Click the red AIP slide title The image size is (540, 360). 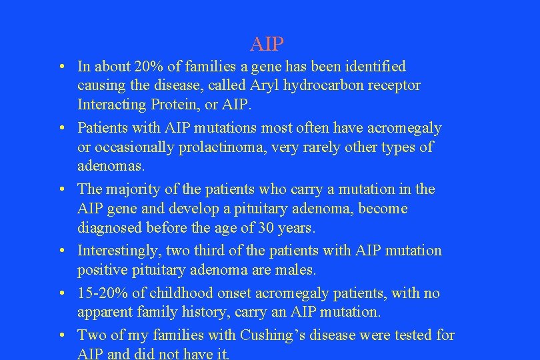coord(267,45)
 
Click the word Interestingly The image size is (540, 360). coord(121,251)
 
